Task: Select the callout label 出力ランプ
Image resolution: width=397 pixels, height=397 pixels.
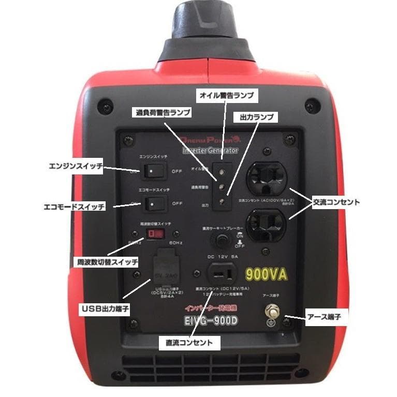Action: point(256,117)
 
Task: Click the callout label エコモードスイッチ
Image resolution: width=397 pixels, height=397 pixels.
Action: point(74,207)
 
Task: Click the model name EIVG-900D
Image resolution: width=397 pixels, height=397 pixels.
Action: point(209,321)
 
